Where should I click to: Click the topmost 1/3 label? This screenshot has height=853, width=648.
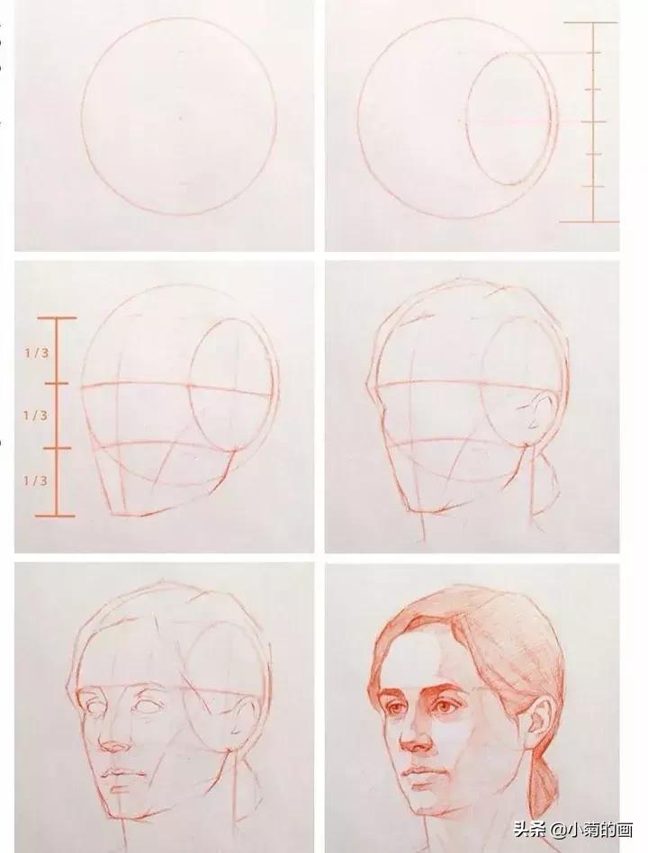point(36,353)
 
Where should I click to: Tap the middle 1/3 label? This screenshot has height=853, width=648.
point(36,416)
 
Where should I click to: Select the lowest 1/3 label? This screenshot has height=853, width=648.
point(36,480)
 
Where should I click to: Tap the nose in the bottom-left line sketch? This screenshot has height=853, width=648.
point(114,742)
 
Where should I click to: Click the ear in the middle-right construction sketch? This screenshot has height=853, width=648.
point(533,414)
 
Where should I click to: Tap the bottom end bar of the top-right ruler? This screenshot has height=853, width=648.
point(590,220)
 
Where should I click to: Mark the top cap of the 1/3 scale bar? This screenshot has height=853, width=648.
point(57,318)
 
